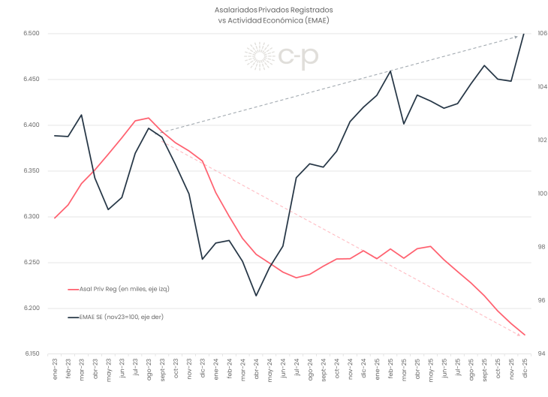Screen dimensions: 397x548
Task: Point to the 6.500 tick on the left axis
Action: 32,34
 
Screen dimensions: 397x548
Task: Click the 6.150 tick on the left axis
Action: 32,353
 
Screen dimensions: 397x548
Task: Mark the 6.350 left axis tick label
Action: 32,171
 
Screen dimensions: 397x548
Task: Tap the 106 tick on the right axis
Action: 542,34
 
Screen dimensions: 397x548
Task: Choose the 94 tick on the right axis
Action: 540,353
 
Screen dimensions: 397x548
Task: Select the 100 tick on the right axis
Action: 542,194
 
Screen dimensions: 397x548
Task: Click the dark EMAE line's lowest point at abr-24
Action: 256,296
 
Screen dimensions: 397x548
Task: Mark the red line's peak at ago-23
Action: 149,118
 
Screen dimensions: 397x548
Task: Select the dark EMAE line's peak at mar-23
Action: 81,115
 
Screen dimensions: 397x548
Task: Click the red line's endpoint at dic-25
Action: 524,335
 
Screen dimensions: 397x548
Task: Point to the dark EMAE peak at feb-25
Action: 390,71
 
